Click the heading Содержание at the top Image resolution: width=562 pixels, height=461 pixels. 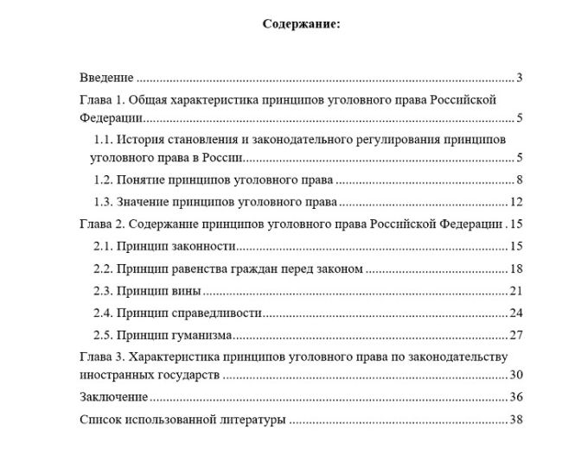click(x=301, y=24)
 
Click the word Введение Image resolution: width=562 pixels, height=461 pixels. click(x=106, y=78)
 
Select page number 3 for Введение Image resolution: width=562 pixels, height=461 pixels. click(x=520, y=78)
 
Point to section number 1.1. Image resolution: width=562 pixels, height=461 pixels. click(x=102, y=139)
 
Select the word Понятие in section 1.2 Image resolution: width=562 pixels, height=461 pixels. click(x=144, y=180)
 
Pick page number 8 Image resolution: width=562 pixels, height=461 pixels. click(x=520, y=180)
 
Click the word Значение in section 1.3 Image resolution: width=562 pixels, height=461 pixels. click(x=145, y=203)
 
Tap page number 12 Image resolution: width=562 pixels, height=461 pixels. click(x=517, y=203)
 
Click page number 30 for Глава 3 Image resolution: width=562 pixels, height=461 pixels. click(x=517, y=375)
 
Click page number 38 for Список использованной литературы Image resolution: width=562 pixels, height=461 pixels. click(x=517, y=420)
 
